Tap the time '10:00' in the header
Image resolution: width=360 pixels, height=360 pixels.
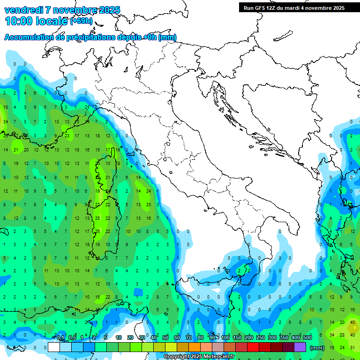pos(18,21)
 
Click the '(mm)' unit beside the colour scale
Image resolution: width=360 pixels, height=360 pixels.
pos(317,348)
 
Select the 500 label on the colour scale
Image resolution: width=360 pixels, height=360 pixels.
pos(307,338)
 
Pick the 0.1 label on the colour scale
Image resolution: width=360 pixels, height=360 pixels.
pos(60,338)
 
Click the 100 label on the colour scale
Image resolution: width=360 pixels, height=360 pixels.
pos(225,338)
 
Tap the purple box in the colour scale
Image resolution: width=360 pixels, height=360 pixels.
pos(300,347)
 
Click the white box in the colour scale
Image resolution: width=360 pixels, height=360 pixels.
pos(54,347)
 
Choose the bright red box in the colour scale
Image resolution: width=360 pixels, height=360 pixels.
pos(253,347)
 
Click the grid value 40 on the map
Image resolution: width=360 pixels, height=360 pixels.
pos(352,322)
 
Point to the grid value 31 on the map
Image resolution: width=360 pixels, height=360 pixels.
pos(352,347)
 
